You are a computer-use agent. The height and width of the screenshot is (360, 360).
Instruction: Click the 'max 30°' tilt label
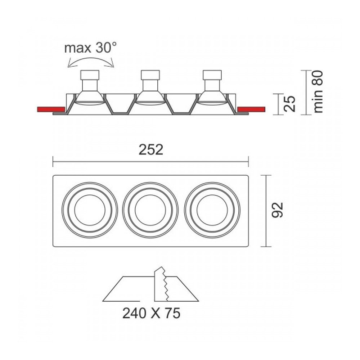coord(90,48)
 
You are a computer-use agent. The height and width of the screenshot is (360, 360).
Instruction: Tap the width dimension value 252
coord(151,150)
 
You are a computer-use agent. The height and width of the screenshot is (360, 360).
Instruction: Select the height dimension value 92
coord(277,210)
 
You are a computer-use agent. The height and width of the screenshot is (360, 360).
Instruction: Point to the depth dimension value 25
coord(289,104)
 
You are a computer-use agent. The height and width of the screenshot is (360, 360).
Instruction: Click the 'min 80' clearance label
coord(318,91)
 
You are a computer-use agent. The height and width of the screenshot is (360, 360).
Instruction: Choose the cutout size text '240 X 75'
coord(151,313)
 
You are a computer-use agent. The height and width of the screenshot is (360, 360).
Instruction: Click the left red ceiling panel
coord(51,109)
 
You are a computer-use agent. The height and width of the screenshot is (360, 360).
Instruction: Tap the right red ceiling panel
coord(251,109)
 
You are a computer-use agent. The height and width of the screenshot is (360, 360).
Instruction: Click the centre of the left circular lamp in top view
coord(90,210)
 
